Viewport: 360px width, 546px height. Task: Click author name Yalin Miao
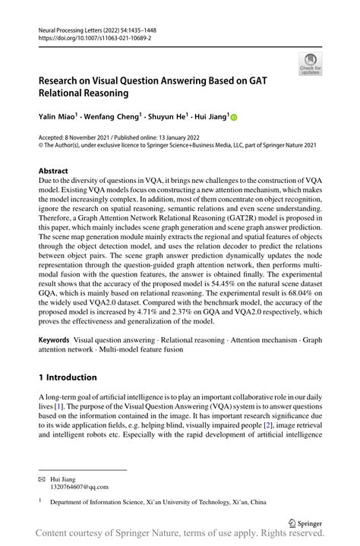[x=61, y=118]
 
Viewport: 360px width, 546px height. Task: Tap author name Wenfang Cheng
[x=121, y=118]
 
